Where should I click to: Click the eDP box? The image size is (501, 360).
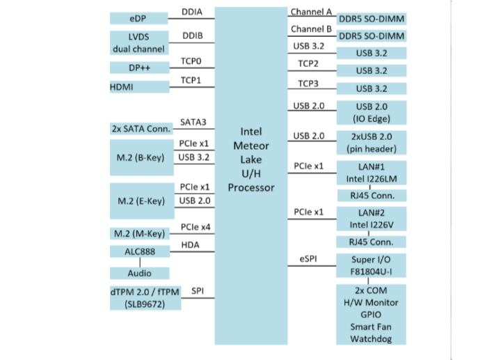(138, 19)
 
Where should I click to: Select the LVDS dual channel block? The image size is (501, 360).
(139, 43)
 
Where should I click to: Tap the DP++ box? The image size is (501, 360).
(139, 68)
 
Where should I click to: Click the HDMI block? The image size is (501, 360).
(139, 87)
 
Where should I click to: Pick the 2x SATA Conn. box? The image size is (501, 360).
(141, 129)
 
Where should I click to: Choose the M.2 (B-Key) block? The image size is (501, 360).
(141, 157)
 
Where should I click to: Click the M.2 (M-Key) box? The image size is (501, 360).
(139, 234)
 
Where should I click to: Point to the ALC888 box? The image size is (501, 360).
(140, 251)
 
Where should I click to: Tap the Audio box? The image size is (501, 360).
(139, 274)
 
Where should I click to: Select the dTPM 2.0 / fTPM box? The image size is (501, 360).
(145, 298)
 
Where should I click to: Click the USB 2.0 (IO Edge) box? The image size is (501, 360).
(372, 113)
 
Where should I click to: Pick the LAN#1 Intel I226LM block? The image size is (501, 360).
(372, 173)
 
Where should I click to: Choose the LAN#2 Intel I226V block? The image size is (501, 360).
(372, 219)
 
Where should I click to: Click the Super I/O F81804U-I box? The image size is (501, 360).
(371, 265)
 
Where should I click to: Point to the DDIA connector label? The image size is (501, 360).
(192, 12)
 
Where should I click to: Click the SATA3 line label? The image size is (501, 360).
(193, 122)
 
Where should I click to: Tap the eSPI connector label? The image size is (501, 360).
(308, 258)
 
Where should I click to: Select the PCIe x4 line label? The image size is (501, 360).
(196, 227)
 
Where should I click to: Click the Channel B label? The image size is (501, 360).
(311, 29)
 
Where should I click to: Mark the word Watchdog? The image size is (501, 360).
(371, 339)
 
